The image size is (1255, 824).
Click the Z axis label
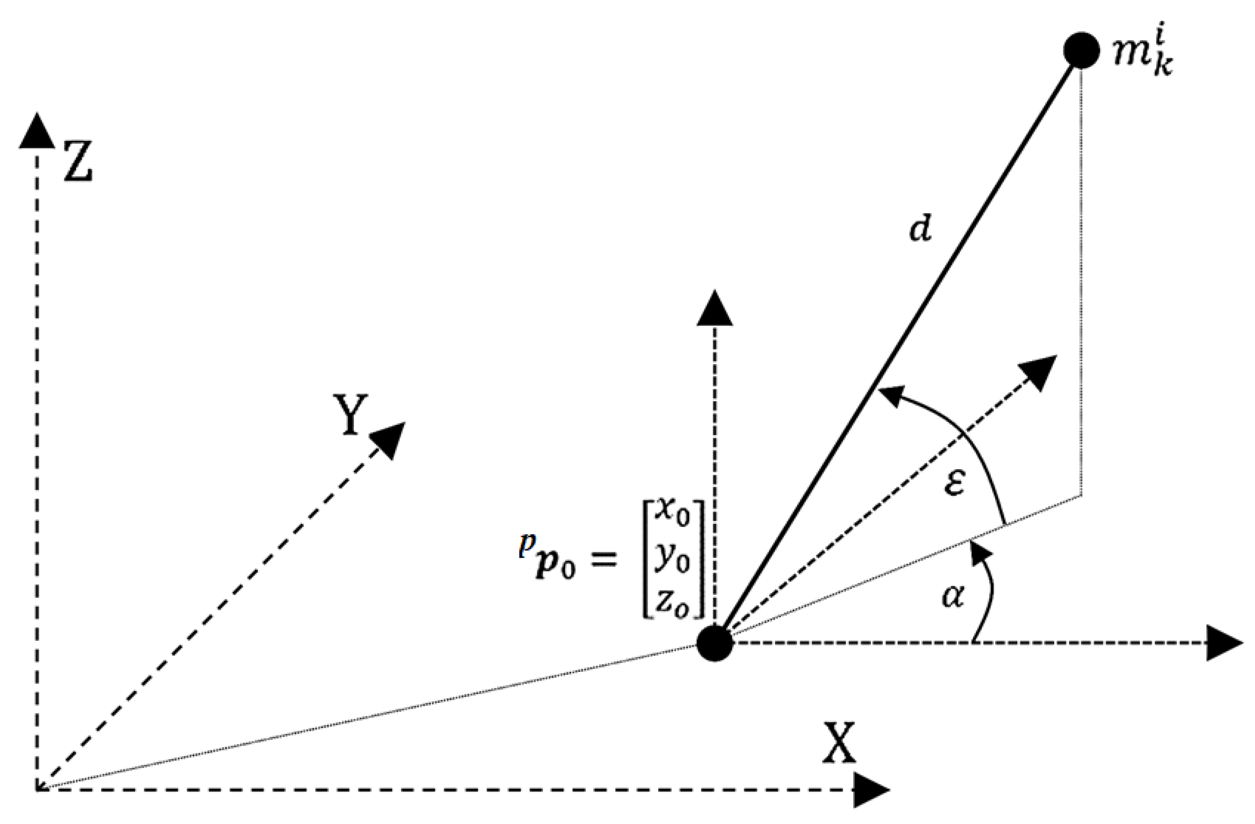click(78, 161)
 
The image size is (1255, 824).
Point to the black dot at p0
click(714, 643)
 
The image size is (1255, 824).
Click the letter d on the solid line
click(920, 230)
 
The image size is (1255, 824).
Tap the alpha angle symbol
click(953, 597)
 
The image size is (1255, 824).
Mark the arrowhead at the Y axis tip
click(389, 439)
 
